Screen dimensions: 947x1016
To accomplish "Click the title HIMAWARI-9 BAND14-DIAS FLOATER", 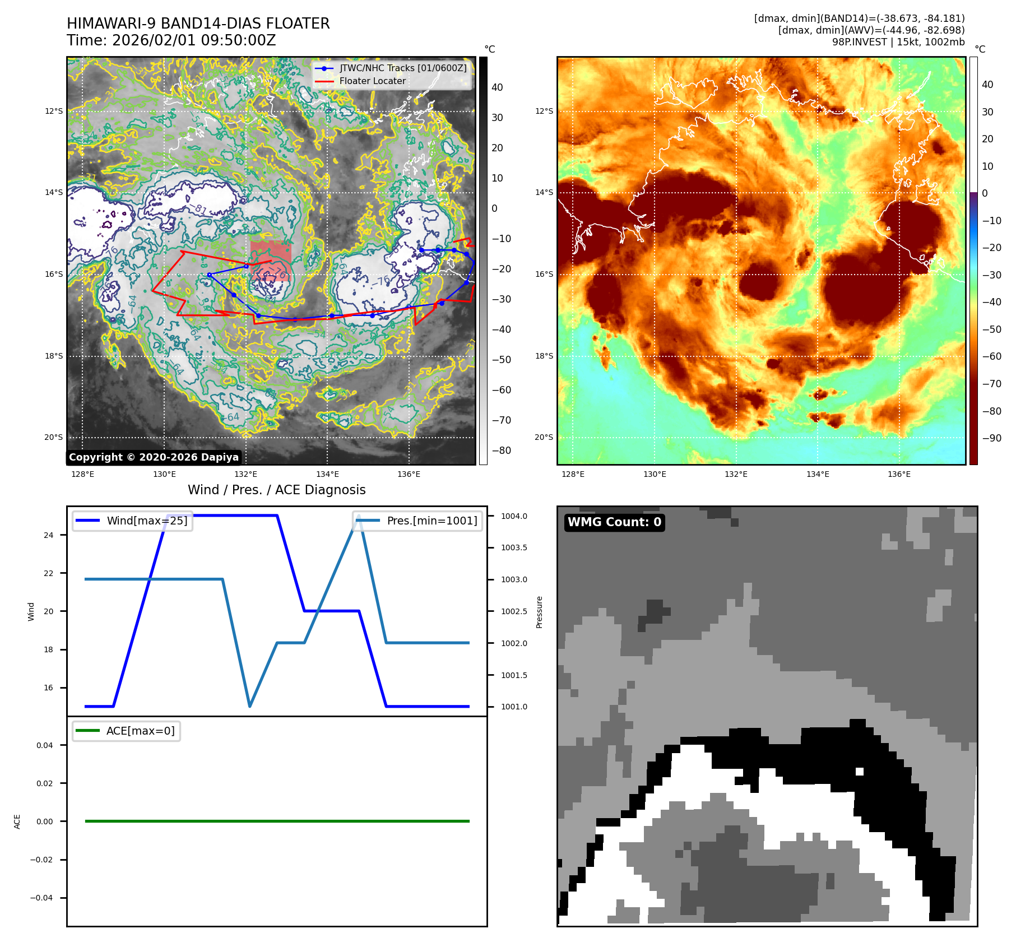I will coord(198,24).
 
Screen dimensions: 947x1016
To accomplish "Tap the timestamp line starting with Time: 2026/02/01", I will coord(171,40).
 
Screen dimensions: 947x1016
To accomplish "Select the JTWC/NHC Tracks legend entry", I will coord(402,68).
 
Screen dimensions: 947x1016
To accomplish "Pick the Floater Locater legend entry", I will coord(372,81).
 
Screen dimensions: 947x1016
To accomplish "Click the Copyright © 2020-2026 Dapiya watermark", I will coord(154,457).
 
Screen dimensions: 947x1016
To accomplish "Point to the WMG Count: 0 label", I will coord(614,522).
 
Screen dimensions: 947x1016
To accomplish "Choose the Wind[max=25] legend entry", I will coord(147,521).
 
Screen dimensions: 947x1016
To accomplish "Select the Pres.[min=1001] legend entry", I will coord(432,521).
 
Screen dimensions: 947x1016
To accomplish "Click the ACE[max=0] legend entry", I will coord(140,731).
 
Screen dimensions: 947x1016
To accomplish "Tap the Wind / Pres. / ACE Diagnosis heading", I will coord(276,490).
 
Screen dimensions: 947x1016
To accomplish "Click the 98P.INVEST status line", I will coord(898,42).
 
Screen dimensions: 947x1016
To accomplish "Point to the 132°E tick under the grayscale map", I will coord(245,474).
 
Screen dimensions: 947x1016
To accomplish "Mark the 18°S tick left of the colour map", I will coord(544,356).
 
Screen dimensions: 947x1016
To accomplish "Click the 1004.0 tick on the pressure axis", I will coord(514,516).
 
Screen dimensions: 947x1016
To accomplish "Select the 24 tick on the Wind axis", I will coord(49,535).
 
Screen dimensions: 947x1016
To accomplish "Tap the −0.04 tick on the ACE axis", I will coord(41,898).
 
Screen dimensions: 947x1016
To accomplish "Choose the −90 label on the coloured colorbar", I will coord(991,438).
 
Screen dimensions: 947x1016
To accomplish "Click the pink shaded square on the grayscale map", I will coord(271,261).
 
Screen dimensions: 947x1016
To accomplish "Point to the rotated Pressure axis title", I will coord(539,612).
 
